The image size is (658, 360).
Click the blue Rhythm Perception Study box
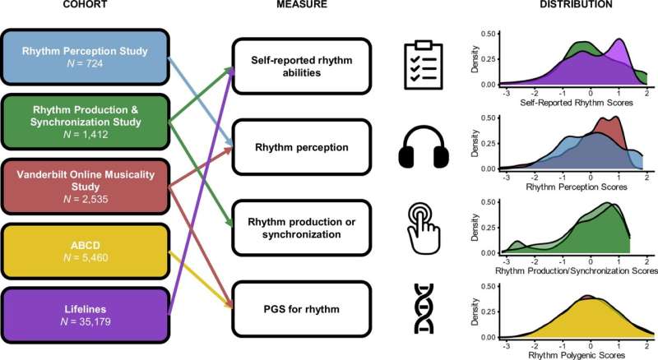(x=85, y=58)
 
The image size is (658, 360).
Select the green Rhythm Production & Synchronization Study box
(x=85, y=122)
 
